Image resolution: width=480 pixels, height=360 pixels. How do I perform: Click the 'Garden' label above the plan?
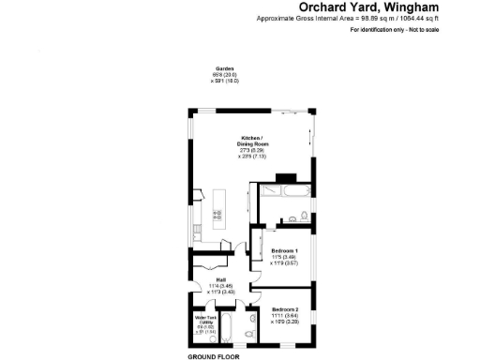pyautogui.click(x=224, y=69)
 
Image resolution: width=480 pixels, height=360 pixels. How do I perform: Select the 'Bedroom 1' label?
pyautogui.click(x=284, y=250)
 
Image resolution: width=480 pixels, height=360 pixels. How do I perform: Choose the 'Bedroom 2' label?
pyautogui.click(x=285, y=309)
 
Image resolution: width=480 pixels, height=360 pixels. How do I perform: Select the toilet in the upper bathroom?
pyautogui.click(x=293, y=219)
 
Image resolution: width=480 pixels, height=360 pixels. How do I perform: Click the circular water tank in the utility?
pyautogui.click(x=202, y=339)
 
